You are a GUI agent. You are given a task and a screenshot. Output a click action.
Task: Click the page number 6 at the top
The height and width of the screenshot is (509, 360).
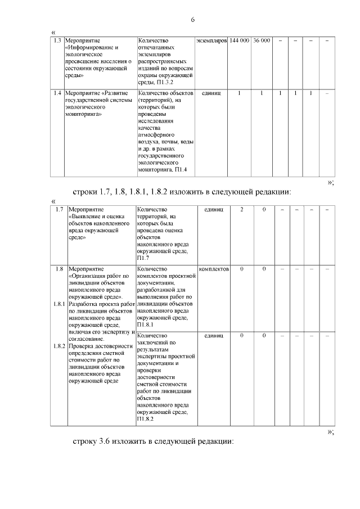tap(192, 20)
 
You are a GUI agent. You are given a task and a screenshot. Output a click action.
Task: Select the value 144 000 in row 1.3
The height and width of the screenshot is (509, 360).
tap(240, 41)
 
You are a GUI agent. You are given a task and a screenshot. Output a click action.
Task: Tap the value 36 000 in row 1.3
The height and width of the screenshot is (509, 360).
tap(262, 41)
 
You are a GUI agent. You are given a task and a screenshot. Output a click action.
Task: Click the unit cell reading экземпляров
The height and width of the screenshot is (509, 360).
tap(211, 41)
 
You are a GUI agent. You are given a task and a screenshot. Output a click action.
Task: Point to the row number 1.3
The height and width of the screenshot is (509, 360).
tap(57, 41)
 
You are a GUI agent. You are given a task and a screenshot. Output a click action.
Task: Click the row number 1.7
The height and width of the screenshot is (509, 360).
tap(59, 210)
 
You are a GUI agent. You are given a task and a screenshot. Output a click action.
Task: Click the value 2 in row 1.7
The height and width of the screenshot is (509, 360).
tap(242, 210)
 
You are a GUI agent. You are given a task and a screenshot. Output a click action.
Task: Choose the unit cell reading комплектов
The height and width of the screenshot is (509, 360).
tap(214, 269)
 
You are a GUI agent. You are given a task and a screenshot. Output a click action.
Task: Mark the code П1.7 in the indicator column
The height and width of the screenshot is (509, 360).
tap(143, 258)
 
